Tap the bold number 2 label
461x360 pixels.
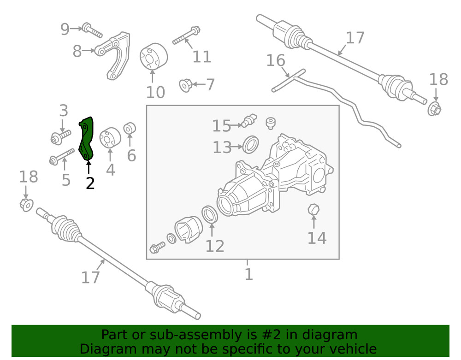[90, 183]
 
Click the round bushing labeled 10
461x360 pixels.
[154, 58]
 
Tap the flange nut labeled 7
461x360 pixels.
[185, 85]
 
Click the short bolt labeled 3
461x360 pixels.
[59, 136]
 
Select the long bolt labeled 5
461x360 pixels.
[61, 156]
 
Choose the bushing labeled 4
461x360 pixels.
[110, 138]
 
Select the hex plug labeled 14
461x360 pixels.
[313, 210]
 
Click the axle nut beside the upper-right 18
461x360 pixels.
[434, 109]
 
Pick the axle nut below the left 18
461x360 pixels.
[26, 204]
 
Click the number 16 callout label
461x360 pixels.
[276, 60]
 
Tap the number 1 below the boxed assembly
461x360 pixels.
[248, 274]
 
